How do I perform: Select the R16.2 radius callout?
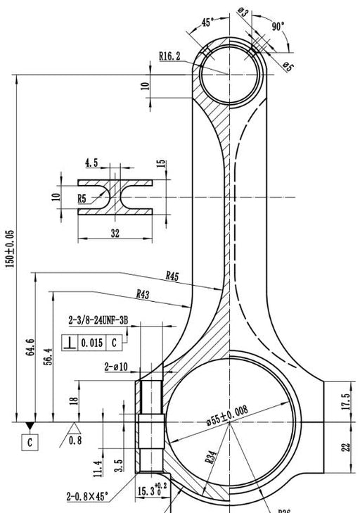coord(169,55)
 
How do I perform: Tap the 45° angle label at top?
coord(207,22)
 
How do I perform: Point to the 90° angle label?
coord(278,26)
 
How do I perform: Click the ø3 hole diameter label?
coord(243,12)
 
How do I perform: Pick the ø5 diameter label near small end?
coord(288,66)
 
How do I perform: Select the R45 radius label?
coord(172,277)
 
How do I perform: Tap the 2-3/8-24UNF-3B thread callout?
coord(98,320)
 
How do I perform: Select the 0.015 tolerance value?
coord(92,343)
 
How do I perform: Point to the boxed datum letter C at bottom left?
coord(30,443)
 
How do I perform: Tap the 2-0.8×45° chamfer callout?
coord(87,497)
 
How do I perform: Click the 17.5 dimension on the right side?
coord(345,401)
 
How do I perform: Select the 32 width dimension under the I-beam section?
coord(115,234)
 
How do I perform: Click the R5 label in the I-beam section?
coord(82,199)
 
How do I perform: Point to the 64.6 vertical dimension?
coord(30,348)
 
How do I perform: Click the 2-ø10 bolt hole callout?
coord(115,367)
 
